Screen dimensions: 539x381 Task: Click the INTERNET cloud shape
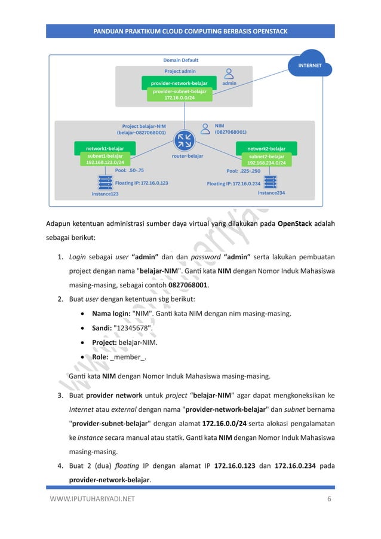pos(310,65)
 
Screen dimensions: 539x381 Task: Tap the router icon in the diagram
pos(184,142)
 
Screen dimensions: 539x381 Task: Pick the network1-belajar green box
pos(105,148)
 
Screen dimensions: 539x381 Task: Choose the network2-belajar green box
pos(266,148)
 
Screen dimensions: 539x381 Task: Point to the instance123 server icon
pos(105,182)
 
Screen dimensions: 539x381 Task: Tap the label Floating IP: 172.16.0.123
pos(142,182)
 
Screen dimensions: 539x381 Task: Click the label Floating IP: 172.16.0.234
pos(233,184)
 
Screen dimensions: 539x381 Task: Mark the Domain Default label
pos(181,60)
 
